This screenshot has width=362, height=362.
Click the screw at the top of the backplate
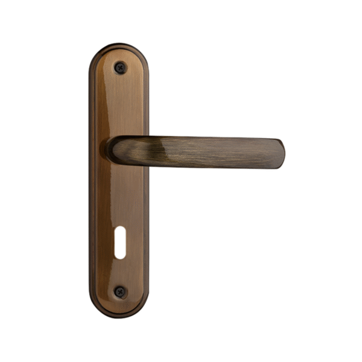point(120,67)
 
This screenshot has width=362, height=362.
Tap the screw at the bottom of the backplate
point(120,292)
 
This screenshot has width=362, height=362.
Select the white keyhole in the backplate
point(120,242)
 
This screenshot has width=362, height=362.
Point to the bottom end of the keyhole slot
point(120,256)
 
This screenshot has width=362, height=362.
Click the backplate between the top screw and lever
point(119,103)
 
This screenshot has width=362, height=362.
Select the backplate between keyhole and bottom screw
point(119,275)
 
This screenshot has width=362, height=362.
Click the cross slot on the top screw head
point(120,67)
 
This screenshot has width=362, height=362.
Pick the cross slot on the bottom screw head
point(120,292)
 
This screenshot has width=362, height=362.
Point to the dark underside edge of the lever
point(193,165)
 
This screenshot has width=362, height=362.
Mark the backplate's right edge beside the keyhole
point(147,242)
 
